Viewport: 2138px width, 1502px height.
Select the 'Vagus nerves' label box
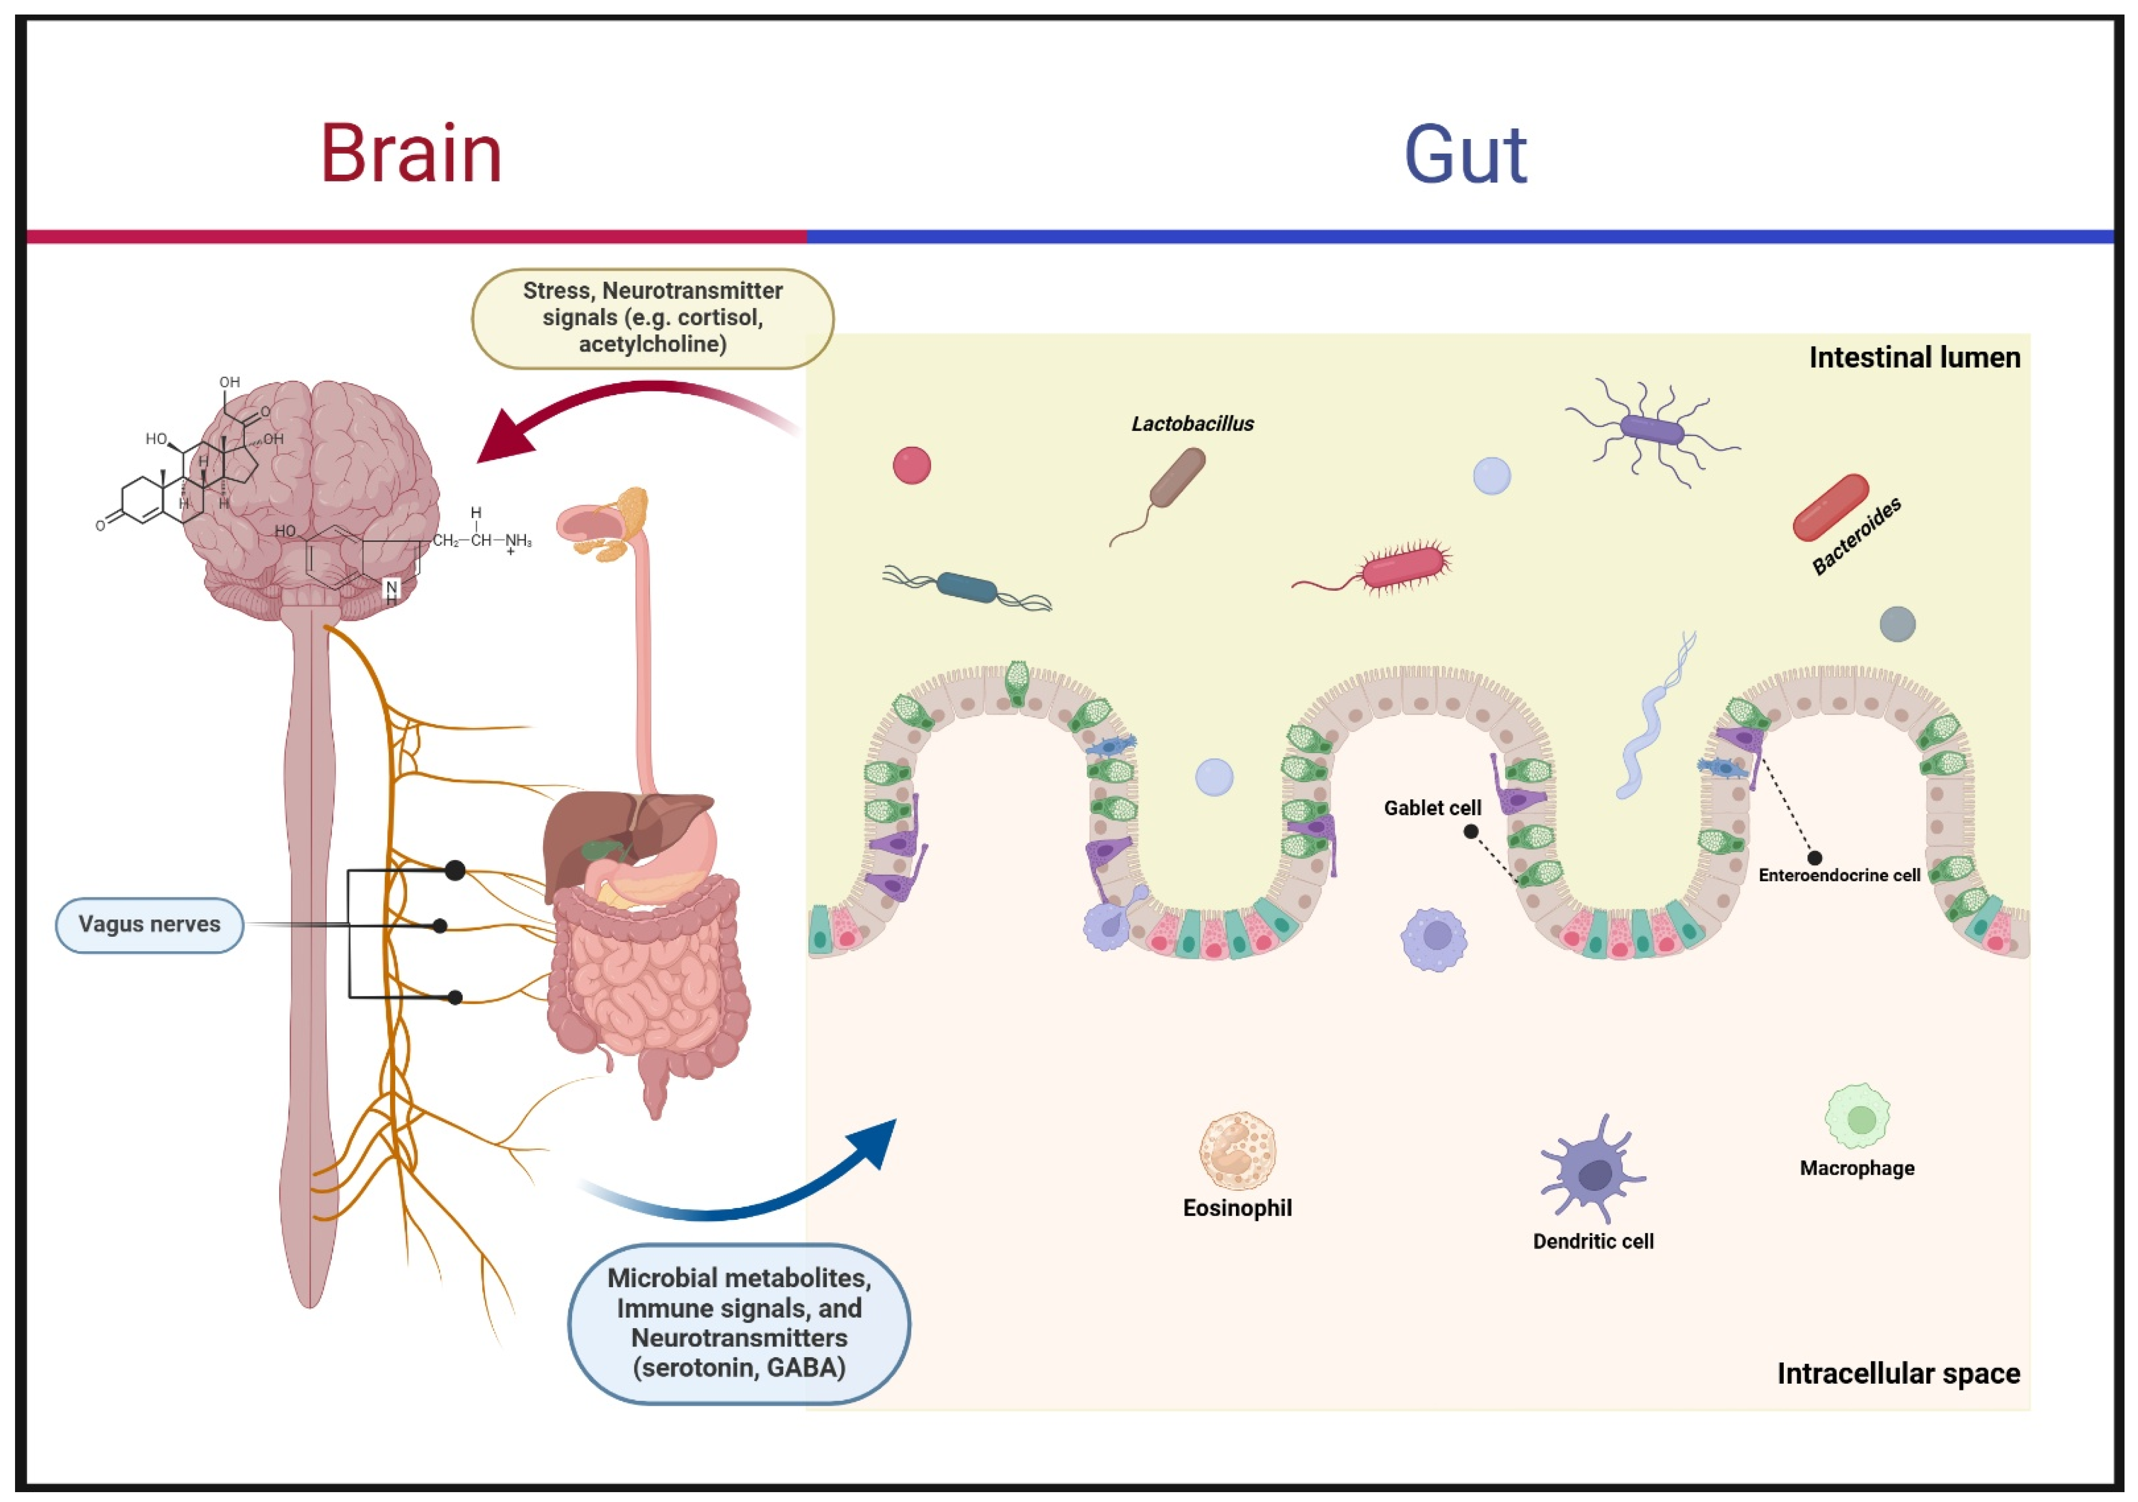pos(150,925)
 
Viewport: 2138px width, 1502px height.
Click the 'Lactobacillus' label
pos(1192,424)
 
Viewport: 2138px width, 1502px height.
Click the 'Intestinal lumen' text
pos(1913,357)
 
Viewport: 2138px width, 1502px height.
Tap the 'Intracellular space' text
pos(1898,1373)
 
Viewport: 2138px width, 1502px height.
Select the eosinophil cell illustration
pos(1237,1151)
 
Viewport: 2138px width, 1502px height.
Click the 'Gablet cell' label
pos(1431,808)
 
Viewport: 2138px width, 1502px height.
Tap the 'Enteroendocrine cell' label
pos(1838,875)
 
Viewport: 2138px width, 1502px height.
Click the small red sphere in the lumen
pos(912,466)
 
